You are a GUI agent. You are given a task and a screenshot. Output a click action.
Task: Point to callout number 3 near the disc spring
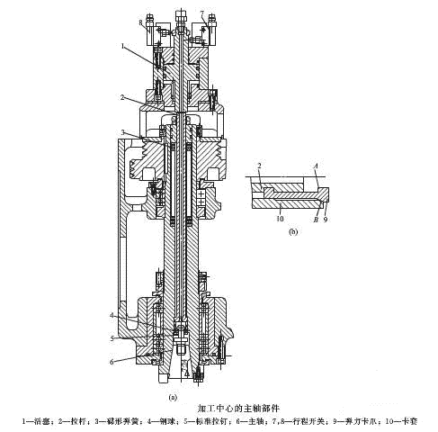(x=123, y=132)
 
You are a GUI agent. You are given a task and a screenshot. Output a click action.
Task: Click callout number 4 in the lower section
(x=112, y=315)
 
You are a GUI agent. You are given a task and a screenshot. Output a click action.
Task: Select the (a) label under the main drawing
(x=173, y=395)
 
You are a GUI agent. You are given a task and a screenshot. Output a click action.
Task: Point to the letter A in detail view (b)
(x=317, y=166)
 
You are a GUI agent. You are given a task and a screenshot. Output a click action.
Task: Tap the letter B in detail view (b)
(x=315, y=217)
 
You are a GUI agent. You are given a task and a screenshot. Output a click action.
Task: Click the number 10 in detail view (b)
(x=280, y=217)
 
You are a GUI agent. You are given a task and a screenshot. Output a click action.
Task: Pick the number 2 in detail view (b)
(x=258, y=166)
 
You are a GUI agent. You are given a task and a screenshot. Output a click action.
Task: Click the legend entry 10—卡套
(x=408, y=420)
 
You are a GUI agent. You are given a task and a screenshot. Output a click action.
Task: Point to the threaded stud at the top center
(x=181, y=14)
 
